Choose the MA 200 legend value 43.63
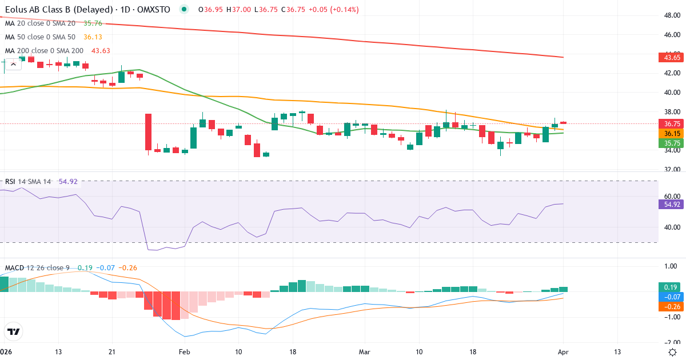click(102, 51)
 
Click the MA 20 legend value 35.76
click(93, 23)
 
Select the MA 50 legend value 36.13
click(93, 37)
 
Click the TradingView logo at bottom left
click(14, 331)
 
